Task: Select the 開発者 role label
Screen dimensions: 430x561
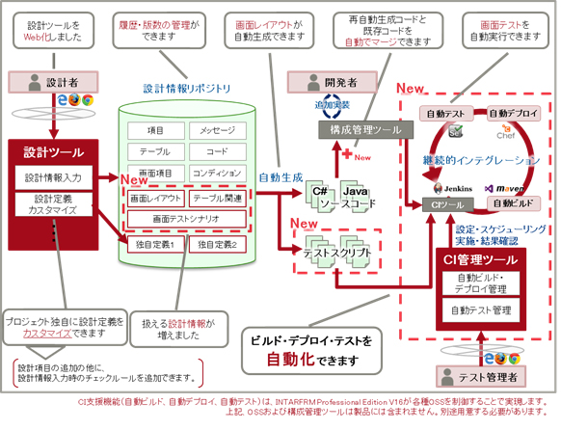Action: [x=338, y=82]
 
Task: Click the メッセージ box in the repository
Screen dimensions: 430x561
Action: [x=217, y=131]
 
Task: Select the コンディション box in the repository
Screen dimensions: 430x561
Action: [x=217, y=175]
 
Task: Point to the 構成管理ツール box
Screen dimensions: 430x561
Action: [x=357, y=129]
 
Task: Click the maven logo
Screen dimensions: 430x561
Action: [x=508, y=187]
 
